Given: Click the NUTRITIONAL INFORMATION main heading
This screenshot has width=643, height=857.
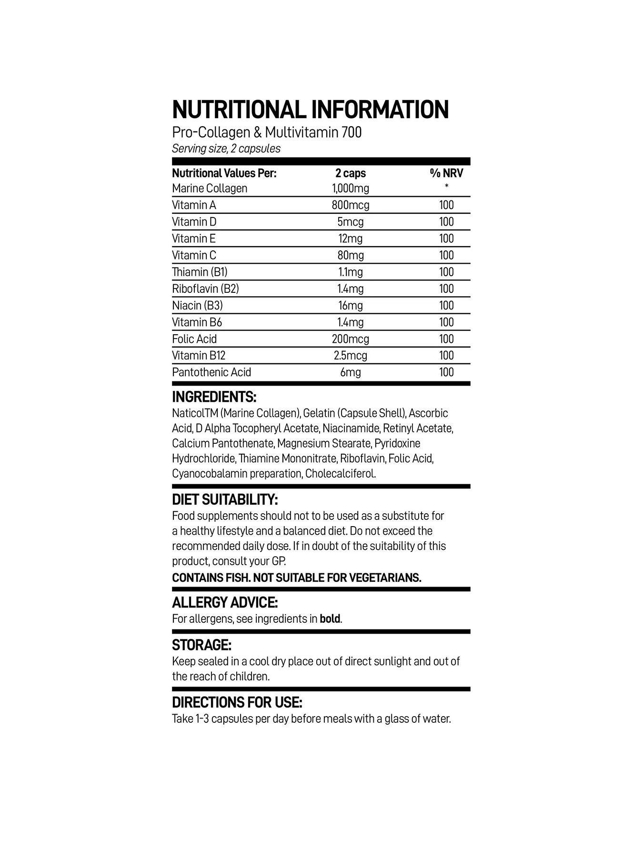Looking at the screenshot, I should [310, 110].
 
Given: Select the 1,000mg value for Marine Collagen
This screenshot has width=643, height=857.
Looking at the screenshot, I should [350, 189].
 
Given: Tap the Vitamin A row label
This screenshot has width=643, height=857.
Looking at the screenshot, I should [194, 205].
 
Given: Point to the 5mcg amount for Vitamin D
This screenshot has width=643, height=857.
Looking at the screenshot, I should [350, 222].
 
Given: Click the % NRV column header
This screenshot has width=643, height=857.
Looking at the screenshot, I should [446, 173].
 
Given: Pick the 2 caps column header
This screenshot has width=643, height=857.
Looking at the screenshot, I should [350, 173].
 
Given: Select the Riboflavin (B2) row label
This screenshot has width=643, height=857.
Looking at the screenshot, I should [205, 289].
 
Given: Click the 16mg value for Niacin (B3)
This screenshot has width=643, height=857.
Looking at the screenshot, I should [350, 306].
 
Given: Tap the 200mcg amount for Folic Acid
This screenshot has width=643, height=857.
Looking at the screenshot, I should [350, 339].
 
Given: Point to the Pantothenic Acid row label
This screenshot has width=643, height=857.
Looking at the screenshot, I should [211, 372].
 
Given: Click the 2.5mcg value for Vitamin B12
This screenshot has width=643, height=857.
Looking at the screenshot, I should [350, 356].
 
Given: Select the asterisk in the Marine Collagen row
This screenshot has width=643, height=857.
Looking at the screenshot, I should [446, 187].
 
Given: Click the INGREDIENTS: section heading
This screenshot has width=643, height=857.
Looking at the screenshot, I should [214, 397].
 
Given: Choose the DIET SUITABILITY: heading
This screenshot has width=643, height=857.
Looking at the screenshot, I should [225, 500].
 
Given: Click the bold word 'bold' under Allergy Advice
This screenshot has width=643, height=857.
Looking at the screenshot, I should [330, 619].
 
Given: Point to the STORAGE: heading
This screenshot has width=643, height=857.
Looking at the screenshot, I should [201, 646].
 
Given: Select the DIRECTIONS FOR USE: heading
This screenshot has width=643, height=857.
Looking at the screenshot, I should [237, 703].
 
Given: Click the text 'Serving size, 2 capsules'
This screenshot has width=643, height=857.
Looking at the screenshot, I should [226, 149].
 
